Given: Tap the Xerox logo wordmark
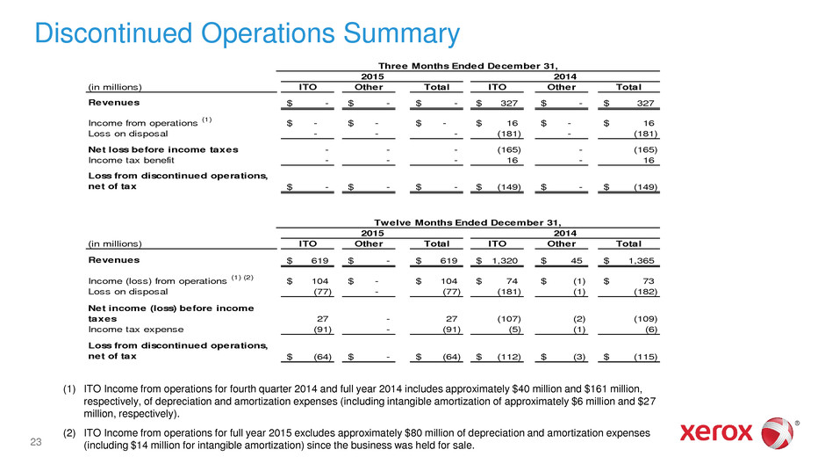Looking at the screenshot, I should point(717,431).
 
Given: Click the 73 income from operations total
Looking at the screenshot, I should point(649,280).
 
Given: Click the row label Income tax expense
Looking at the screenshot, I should point(134,330).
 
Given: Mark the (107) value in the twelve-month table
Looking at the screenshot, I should point(506,319).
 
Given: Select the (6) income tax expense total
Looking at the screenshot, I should point(649,330).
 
